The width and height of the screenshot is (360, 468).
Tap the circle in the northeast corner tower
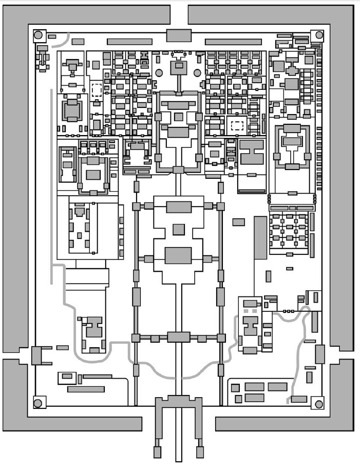click(x=319, y=35)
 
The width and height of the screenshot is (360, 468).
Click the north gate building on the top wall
click(x=178, y=35)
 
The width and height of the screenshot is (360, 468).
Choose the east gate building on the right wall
click(x=320, y=354)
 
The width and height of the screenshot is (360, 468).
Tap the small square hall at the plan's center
click(x=178, y=229)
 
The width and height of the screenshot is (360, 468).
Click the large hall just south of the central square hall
click(x=178, y=255)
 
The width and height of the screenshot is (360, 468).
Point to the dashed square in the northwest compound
click(x=96, y=90)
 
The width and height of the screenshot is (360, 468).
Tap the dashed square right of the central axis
click(x=237, y=125)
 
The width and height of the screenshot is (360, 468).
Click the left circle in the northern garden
click(x=159, y=72)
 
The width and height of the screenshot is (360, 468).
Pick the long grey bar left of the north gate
click(x=129, y=41)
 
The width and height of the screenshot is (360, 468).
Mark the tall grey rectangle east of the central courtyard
click(x=260, y=237)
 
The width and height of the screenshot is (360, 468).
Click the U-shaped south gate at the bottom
click(x=178, y=411)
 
